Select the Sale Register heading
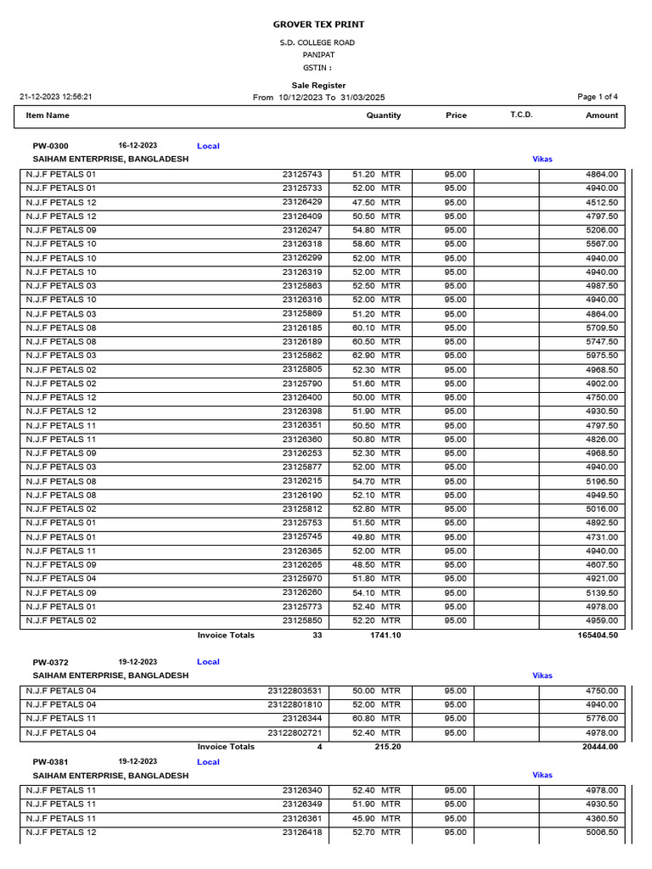tap(318, 85)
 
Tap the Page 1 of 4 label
tap(598, 97)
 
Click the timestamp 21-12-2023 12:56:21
tap(56, 97)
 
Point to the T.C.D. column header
tap(521, 115)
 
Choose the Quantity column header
tap(384, 115)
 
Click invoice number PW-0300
tap(50, 146)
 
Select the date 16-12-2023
tap(138, 146)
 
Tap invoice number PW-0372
tap(50, 662)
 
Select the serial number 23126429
tap(302, 202)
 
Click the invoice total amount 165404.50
tap(598, 635)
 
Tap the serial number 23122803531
tap(295, 691)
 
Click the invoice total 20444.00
tap(600, 747)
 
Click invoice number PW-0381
tap(50, 762)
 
